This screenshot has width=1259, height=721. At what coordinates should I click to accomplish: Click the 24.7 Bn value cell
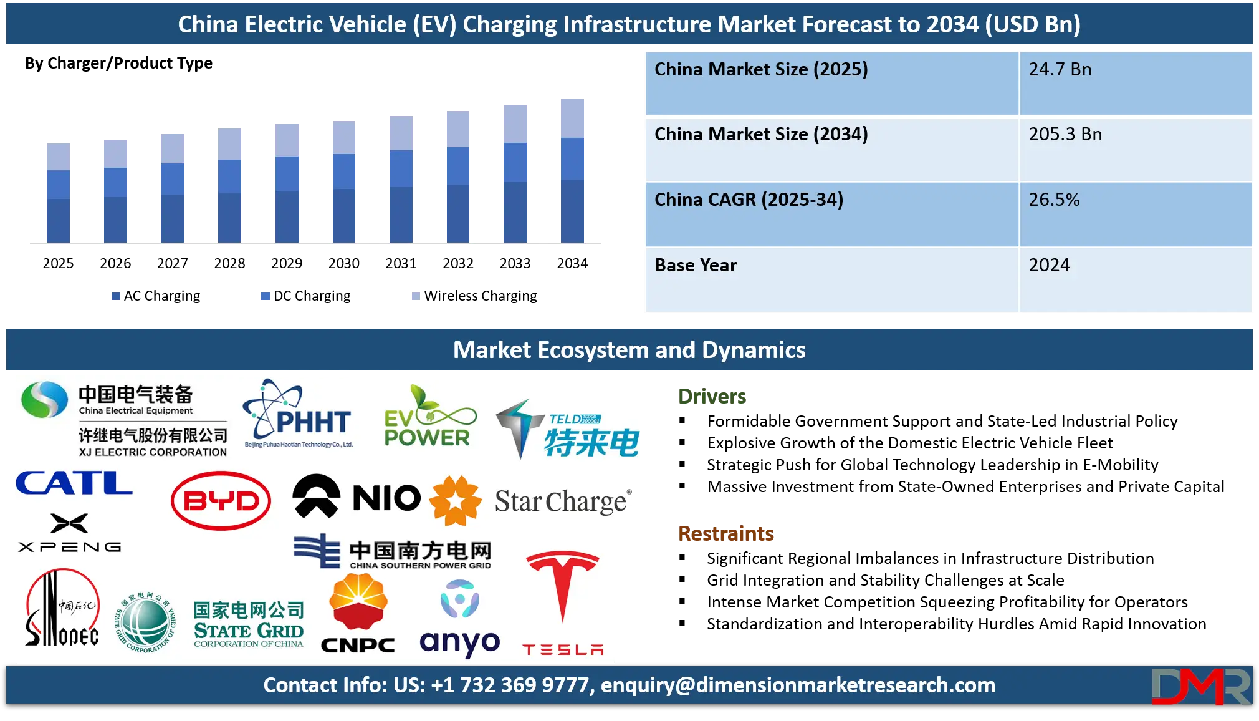click(x=1060, y=70)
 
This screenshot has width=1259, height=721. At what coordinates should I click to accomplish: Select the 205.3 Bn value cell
click(x=1065, y=135)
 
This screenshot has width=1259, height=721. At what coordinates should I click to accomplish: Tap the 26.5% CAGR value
click(x=1053, y=200)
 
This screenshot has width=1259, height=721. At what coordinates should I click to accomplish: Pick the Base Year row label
click(x=696, y=266)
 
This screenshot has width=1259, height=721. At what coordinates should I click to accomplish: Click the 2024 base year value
click(x=1049, y=266)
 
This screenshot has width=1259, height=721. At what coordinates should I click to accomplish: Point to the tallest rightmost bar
click(x=573, y=169)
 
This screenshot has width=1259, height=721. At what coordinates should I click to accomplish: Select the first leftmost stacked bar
click(x=57, y=191)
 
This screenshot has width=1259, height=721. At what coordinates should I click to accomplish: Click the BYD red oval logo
click(x=221, y=501)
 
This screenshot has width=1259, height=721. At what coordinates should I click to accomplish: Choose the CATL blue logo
click(x=74, y=483)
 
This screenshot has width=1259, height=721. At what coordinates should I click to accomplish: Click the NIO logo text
click(x=386, y=498)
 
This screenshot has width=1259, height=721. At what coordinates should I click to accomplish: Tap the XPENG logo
click(x=69, y=534)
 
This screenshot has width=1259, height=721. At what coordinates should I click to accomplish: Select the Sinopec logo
click(x=61, y=608)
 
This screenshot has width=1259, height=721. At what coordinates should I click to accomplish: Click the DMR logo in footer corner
click(x=1200, y=686)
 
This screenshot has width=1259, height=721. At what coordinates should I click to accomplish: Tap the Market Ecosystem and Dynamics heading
click(x=629, y=351)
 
